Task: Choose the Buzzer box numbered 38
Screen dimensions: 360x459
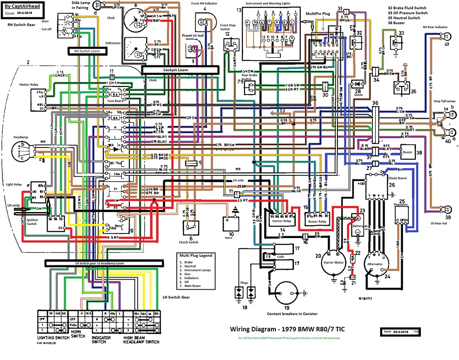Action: pos(407,152)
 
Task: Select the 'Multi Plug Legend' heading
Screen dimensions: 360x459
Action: pos(196,255)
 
